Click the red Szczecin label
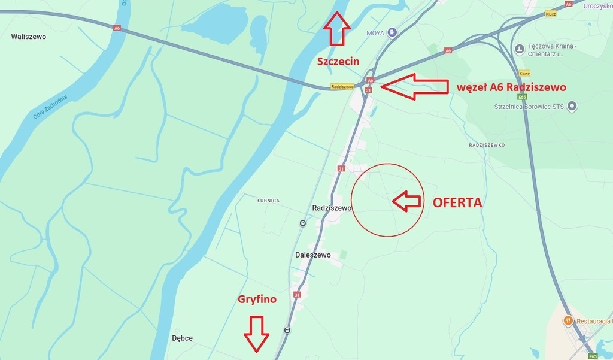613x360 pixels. [x=338, y=62]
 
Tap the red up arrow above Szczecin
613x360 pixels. [x=337, y=28]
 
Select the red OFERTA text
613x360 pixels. [x=457, y=202]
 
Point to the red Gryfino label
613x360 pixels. [x=257, y=299]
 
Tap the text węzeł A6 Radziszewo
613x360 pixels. [x=511, y=87]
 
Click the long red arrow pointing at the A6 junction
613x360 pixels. [x=414, y=87]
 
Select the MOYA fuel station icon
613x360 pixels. [x=392, y=32]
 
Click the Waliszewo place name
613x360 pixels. [x=28, y=37]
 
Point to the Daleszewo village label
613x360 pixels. [x=313, y=255]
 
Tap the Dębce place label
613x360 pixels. [x=182, y=338]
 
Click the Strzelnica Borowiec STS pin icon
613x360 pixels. [x=572, y=107]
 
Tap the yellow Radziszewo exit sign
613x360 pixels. [x=342, y=86]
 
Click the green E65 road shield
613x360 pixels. [x=523, y=96]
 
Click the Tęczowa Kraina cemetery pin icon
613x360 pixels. [x=519, y=47]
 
